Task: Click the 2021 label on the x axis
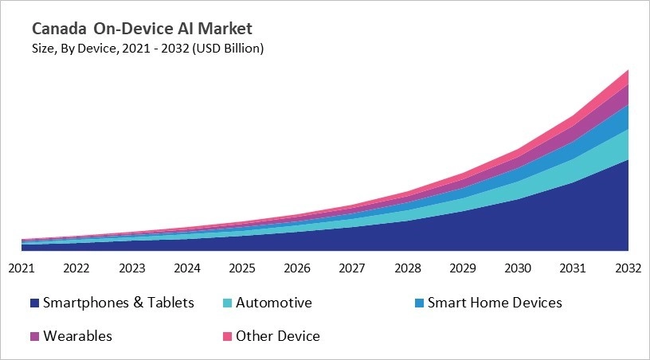[22, 268]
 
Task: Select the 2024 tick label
[187, 268]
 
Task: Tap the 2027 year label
[353, 268]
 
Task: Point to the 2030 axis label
[519, 268]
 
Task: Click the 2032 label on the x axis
[628, 268]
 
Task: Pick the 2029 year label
[464, 268]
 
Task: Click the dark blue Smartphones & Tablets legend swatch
[34, 303]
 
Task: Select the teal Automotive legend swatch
[225, 303]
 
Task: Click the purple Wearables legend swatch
[34, 336]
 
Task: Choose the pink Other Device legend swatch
[225, 336]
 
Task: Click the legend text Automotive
[273, 303]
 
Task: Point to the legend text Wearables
[77, 336]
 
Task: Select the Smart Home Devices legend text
[495, 303]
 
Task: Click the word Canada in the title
[60, 29]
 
